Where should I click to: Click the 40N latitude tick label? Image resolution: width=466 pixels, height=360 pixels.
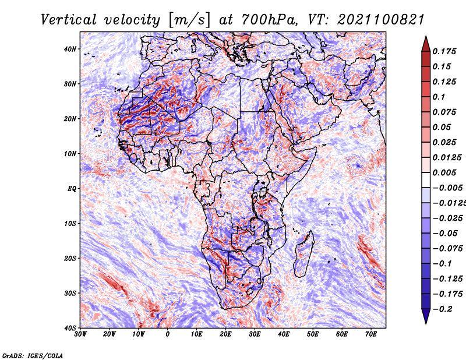pos(70,49)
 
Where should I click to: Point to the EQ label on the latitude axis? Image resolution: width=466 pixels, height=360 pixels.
pos(72,189)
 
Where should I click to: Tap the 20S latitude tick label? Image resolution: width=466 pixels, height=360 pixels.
pos(70,258)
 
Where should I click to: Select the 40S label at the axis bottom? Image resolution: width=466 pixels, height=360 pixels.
pos(70,328)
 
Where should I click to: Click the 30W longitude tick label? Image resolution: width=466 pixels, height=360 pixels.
pos(80,334)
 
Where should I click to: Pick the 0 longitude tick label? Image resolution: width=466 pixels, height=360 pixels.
pos(168,334)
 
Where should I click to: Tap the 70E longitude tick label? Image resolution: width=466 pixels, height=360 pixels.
pos(371,334)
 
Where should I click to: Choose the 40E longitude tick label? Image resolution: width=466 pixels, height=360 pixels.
pos(284,334)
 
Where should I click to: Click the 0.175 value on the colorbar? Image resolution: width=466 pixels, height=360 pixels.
pos(444,51)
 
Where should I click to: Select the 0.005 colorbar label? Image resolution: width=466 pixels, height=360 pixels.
pos(444,172)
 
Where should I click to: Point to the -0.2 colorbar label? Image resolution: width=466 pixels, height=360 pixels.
pos(442,309)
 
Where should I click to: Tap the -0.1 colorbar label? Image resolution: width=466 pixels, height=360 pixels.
pos(442,263)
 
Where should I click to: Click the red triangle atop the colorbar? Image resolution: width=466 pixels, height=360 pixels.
pos(426,44)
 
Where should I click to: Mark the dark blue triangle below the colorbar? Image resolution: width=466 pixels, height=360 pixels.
pos(426,316)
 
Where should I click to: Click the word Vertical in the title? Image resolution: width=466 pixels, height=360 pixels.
pos(69,20)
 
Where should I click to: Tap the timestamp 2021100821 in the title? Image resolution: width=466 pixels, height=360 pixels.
pos(381,20)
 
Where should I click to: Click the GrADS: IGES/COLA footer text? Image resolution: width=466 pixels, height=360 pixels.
pos(33,355)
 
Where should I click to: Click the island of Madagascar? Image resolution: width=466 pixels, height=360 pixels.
pos(303,254)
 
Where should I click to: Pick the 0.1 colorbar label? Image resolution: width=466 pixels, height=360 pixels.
pos(439,97)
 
